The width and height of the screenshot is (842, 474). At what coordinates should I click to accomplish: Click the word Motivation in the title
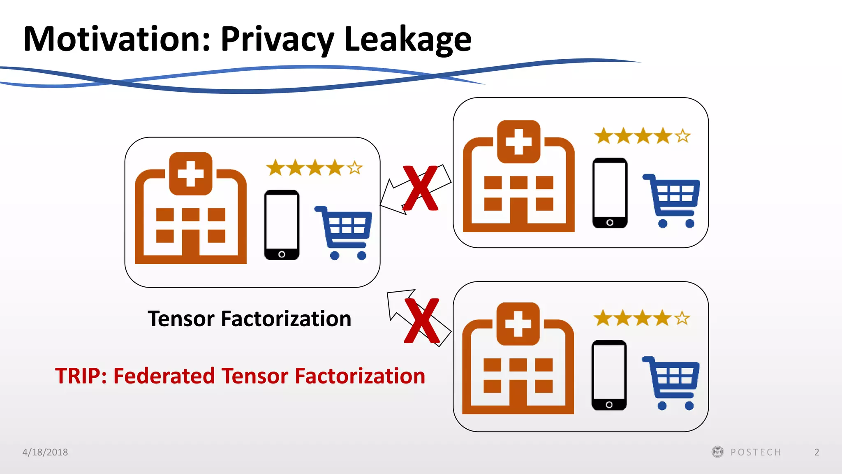(117, 39)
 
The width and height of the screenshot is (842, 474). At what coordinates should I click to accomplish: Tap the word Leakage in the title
(408, 40)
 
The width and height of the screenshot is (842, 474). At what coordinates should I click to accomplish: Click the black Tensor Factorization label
(249, 319)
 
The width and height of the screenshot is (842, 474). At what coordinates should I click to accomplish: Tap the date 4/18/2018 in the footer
(45, 452)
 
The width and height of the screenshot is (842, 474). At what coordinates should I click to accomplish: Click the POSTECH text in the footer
(755, 452)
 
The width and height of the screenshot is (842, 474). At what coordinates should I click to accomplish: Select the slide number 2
(817, 452)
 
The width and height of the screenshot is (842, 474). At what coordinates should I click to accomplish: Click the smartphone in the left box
(282, 225)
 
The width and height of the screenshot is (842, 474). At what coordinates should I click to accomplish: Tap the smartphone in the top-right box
(610, 193)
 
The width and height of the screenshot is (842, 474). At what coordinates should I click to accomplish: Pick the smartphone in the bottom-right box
(609, 375)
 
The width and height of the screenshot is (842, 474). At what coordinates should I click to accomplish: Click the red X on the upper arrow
(420, 188)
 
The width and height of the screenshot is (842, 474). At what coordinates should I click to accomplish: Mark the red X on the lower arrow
(422, 321)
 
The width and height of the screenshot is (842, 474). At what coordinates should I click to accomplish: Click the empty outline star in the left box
(354, 168)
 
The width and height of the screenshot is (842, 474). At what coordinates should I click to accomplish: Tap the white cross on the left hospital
(190, 173)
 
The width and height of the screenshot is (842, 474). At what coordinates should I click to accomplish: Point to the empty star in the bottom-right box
(682, 318)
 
